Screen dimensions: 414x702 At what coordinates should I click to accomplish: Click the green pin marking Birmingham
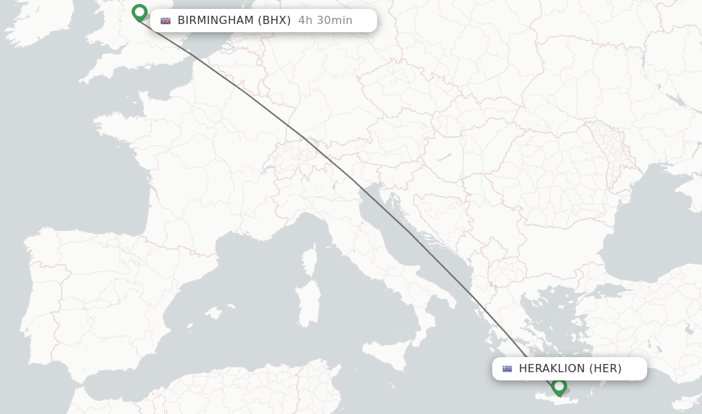tap(140, 12)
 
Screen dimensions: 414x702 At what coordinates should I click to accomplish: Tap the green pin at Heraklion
tap(559, 386)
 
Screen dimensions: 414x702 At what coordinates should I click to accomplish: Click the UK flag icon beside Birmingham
tap(165, 21)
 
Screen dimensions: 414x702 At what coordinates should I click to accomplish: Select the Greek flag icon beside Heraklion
tap(507, 369)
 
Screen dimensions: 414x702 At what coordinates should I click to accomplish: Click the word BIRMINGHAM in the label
tap(215, 21)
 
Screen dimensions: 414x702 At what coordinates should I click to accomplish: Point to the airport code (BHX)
tap(274, 21)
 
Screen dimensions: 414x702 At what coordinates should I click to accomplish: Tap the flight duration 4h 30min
tap(325, 21)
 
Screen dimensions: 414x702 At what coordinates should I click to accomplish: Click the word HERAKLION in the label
tap(553, 369)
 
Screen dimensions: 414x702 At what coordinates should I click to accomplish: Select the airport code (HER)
tap(605, 369)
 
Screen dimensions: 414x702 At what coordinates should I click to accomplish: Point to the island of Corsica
tap(311, 259)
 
